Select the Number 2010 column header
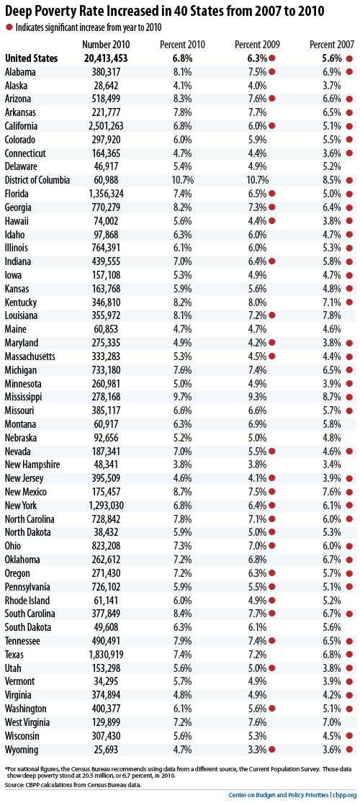click(x=105, y=45)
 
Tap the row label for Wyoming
click(x=22, y=749)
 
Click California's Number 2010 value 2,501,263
click(x=105, y=126)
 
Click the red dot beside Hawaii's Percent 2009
click(x=272, y=220)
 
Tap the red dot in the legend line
click(x=9, y=26)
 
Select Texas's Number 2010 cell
click(x=105, y=654)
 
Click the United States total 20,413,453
click(x=106, y=58)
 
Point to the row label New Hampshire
click(x=32, y=465)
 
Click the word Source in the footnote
click(x=14, y=784)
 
